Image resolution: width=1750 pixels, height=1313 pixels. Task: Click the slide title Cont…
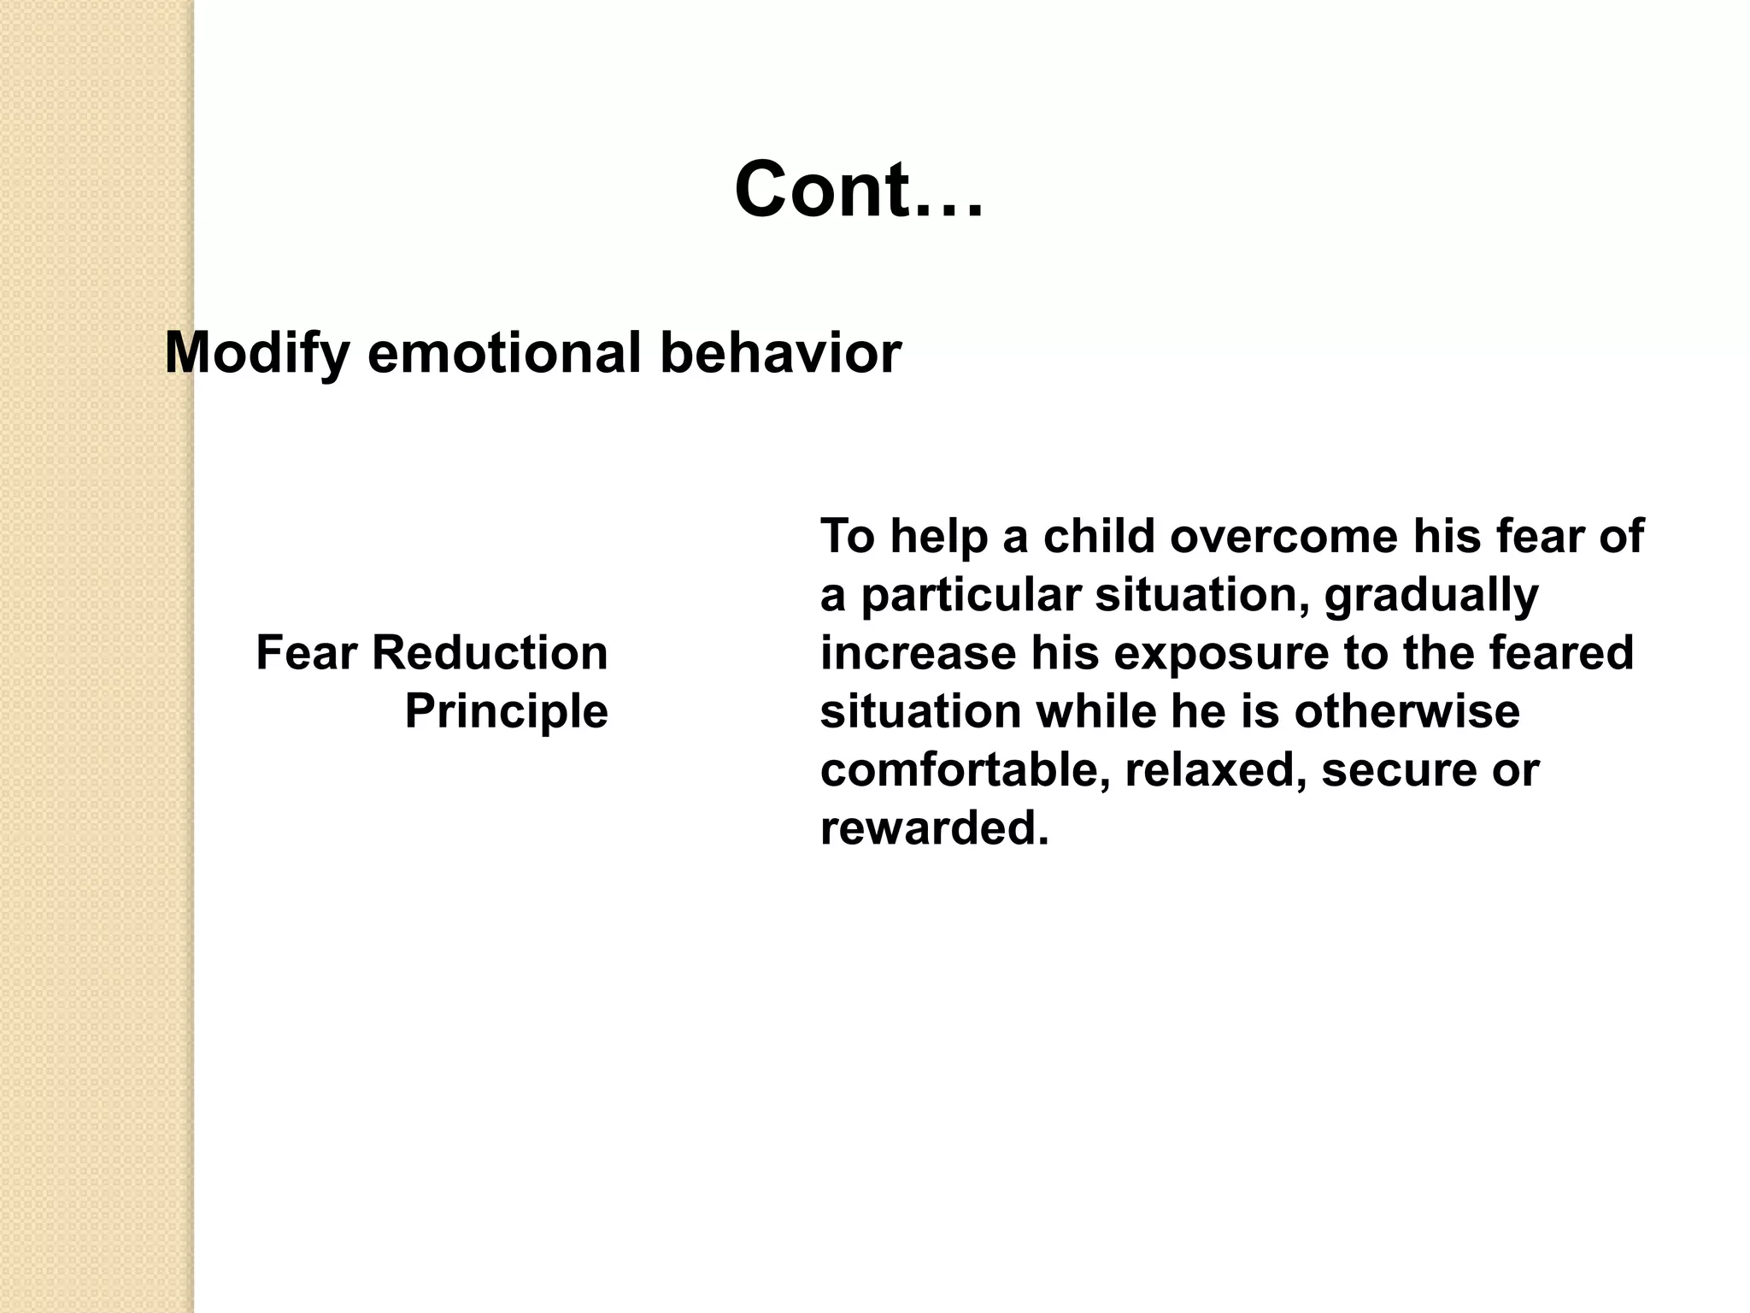pyautogui.click(x=859, y=190)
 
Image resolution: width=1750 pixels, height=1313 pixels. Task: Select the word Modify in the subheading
pyautogui.click(x=256, y=353)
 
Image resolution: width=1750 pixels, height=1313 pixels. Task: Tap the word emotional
pyautogui.click(x=504, y=353)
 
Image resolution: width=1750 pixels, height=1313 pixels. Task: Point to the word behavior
pyautogui.click(x=780, y=353)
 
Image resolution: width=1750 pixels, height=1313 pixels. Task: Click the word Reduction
pyautogui.click(x=490, y=653)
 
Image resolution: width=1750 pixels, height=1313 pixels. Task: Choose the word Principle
pyautogui.click(x=506, y=711)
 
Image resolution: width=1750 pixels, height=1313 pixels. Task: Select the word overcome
pyautogui.click(x=1283, y=537)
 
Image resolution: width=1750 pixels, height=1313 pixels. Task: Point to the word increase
pyautogui.click(x=918, y=653)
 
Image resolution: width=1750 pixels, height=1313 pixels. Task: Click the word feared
pyautogui.click(x=1561, y=653)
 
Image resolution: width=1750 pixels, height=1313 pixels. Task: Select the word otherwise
pyautogui.click(x=1406, y=711)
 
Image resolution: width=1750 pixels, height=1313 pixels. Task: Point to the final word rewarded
pyautogui.click(x=934, y=828)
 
